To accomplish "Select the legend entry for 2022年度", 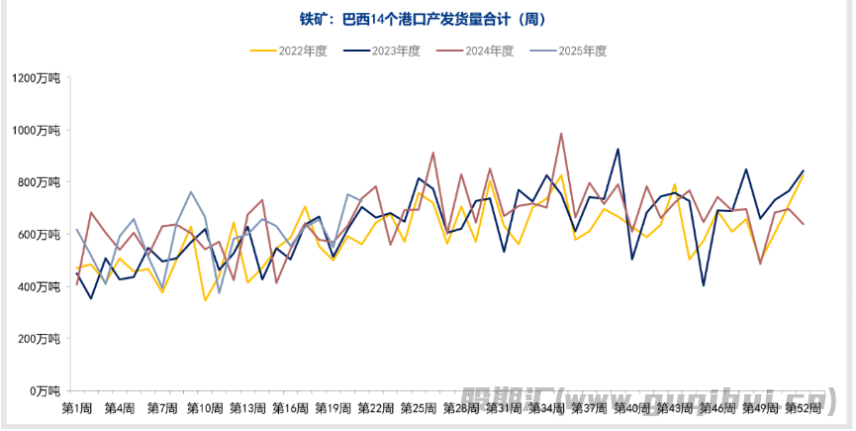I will (290, 51).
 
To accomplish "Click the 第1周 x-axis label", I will (77, 408).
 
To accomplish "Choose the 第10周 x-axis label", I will (205, 408).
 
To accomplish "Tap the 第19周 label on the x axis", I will (333, 408).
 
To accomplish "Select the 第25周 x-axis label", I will (418, 408).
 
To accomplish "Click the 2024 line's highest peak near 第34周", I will (561, 134).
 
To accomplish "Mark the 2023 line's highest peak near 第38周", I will (618, 150).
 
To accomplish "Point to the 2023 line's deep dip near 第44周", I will (704, 285).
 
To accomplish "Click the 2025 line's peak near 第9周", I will (191, 192).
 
